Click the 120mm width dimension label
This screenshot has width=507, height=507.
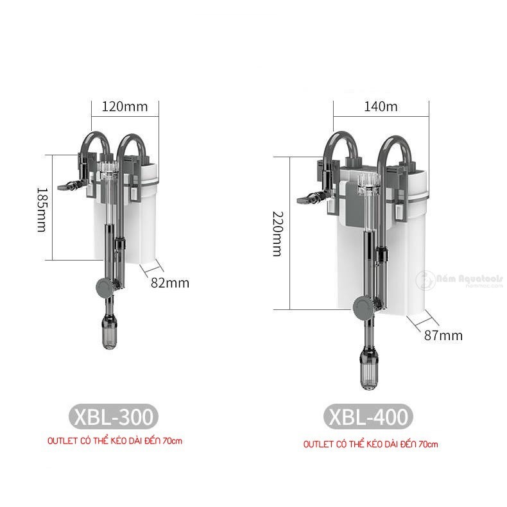click(x=124, y=107)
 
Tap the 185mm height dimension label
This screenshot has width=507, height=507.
click(x=42, y=209)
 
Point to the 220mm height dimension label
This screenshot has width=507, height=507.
click(x=277, y=234)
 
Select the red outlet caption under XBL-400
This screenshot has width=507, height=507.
click(x=371, y=444)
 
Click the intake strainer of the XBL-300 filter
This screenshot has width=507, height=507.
click(x=108, y=333)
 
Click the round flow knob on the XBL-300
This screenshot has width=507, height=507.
click(x=101, y=288)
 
